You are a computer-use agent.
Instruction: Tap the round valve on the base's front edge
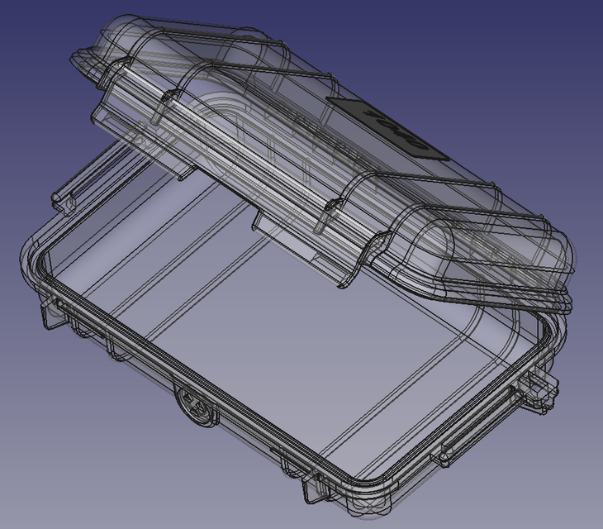tap(195, 404)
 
